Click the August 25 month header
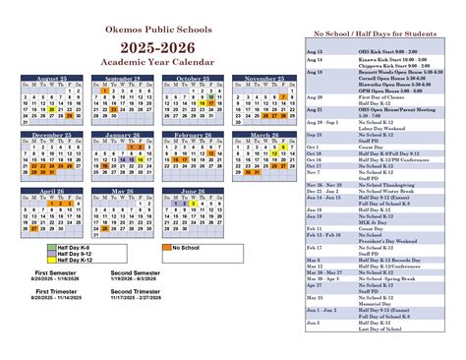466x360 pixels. click(x=46, y=78)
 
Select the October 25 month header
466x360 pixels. click(x=193, y=78)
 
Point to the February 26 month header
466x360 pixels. click(x=193, y=135)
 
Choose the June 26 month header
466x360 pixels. click(x=193, y=191)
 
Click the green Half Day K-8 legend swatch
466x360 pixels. click(x=52, y=247)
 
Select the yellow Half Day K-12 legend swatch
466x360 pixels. click(x=52, y=261)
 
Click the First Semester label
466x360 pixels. click(x=57, y=271)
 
